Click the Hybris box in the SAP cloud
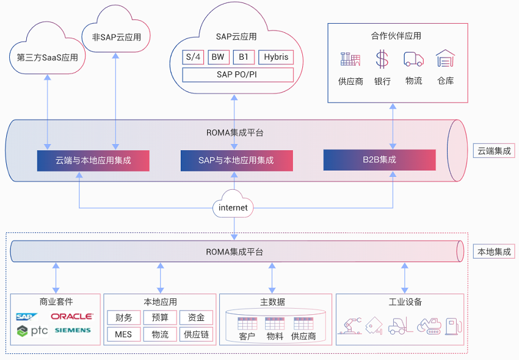coord(276,57)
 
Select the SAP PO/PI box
coord(238,75)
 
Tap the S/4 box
coord(193,57)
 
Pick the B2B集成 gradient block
coord(379,160)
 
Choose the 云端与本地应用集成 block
coord(93,160)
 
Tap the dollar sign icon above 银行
coord(382,59)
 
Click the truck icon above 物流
coord(413,59)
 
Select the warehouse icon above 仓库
coord(445,58)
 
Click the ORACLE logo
coord(72,317)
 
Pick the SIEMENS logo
coord(73,330)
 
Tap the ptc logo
coord(32,331)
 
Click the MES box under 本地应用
coord(123,334)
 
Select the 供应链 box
coord(196,334)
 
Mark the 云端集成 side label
coord(494,151)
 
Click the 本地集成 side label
coord(494,251)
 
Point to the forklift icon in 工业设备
coord(400,326)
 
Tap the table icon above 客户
coord(247,323)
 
